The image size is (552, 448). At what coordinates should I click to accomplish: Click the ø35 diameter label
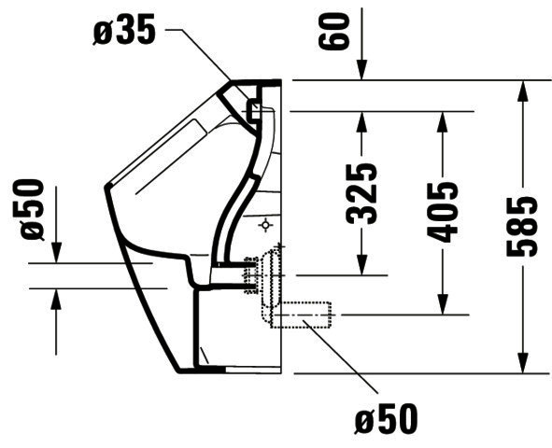[x=124, y=30]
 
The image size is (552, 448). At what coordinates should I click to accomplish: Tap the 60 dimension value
[x=333, y=31]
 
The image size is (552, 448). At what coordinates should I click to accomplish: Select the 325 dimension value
[x=361, y=194]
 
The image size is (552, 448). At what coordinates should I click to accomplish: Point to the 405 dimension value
[x=442, y=213]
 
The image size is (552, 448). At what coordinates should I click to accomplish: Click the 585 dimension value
[x=522, y=227]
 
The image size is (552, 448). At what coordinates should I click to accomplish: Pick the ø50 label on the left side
[x=32, y=210]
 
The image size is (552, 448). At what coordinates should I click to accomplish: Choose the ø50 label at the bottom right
[x=386, y=419]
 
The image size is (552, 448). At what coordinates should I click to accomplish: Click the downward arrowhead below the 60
[x=361, y=70]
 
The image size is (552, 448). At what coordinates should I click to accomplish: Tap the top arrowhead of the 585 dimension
[x=523, y=91]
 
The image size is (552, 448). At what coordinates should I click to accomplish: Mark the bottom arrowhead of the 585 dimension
[x=523, y=362]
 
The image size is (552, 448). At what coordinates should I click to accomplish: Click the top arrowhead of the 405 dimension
[x=443, y=122]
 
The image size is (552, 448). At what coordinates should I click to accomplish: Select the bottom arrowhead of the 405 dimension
[x=443, y=304]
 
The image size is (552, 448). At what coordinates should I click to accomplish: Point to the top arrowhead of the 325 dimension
[x=361, y=122]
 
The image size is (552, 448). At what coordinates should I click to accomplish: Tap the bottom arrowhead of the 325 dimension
[x=361, y=265]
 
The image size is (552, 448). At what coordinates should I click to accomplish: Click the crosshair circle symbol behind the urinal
[x=266, y=225]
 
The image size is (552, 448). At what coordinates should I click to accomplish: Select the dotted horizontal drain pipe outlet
[x=302, y=315]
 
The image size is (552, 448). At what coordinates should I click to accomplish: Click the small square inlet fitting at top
[x=254, y=110]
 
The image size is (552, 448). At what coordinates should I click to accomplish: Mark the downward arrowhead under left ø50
[x=56, y=253]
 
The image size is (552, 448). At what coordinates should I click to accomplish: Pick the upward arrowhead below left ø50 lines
[x=56, y=300]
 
